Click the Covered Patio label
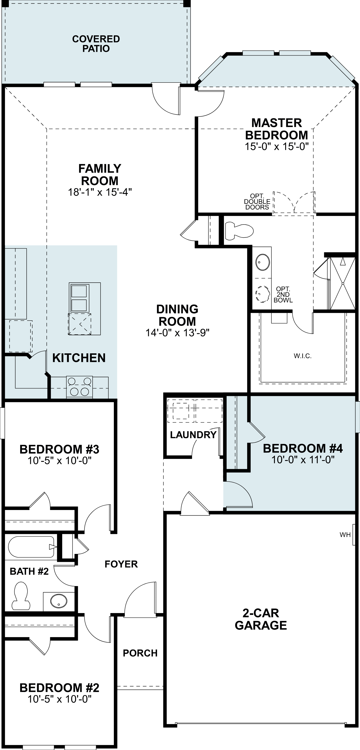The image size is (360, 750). click(x=96, y=44)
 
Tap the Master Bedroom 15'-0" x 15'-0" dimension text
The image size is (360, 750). click(x=276, y=146)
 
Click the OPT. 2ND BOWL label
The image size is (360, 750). click(x=283, y=295)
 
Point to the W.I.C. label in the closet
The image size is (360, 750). click(x=303, y=356)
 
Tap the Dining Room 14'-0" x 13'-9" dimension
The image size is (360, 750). click(x=177, y=333)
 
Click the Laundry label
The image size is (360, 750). click(x=193, y=435)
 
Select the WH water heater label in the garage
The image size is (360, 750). click(x=345, y=535)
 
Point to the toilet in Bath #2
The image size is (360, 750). click(x=21, y=596)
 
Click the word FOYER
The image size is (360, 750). click(x=121, y=564)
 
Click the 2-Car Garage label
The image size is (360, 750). click(x=261, y=619)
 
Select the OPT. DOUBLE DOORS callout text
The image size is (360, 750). click(x=257, y=201)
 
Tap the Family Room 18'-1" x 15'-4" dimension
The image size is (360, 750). click(x=100, y=192)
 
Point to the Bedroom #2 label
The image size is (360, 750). click(x=59, y=688)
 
